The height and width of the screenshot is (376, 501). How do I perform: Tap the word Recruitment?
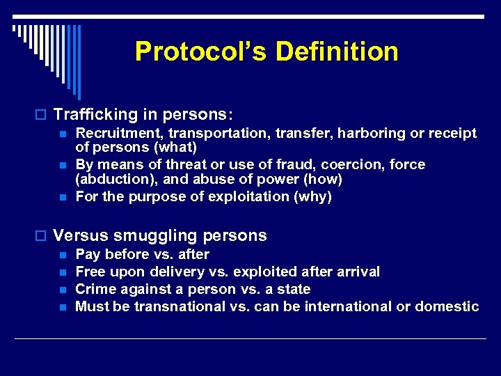click(x=115, y=133)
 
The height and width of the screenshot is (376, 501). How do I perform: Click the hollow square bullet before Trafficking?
click(x=42, y=113)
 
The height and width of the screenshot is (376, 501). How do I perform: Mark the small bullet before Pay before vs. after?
click(x=62, y=255)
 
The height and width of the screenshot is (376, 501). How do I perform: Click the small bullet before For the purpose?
click(x=62, y=197)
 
